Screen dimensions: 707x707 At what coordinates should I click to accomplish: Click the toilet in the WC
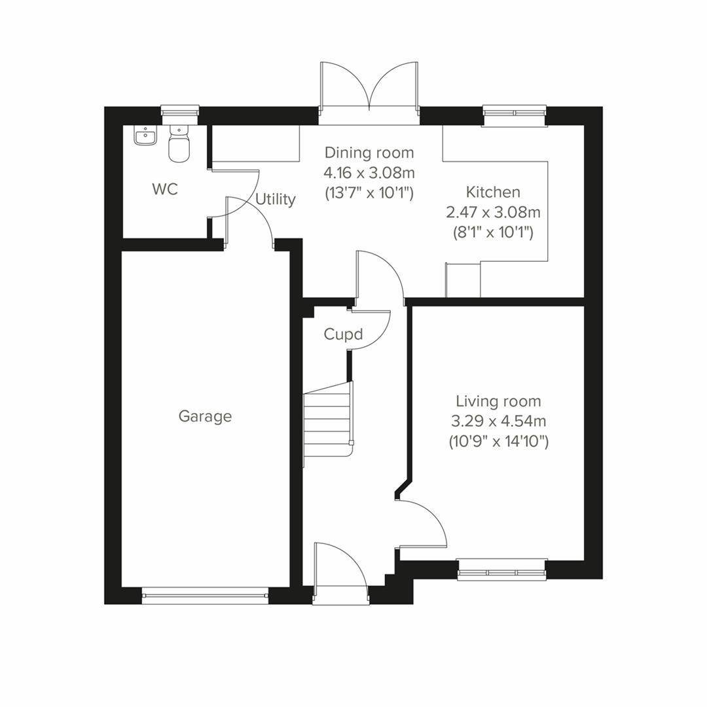[x=179, y=145]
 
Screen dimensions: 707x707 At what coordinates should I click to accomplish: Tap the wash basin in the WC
[x=145, y=136]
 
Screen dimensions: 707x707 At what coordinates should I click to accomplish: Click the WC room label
[x=164, y=190]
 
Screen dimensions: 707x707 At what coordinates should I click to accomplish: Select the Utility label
[x=275, y=199]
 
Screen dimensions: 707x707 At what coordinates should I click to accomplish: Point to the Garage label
[x=205, y=416]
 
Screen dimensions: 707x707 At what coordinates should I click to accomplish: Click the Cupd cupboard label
[x=343, y=335]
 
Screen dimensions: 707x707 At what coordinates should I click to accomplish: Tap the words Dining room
[x=369, y=153]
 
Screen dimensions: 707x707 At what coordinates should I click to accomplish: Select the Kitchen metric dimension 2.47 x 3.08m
[x=493, y=212]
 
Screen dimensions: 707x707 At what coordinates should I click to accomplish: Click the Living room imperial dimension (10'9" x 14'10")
[x=498, y=442]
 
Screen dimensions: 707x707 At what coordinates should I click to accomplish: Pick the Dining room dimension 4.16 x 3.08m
[x=369, y=173]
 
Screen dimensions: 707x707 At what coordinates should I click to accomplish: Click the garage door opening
[x=205, y=595]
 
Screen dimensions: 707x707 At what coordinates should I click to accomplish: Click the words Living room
[x=498, y=401]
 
